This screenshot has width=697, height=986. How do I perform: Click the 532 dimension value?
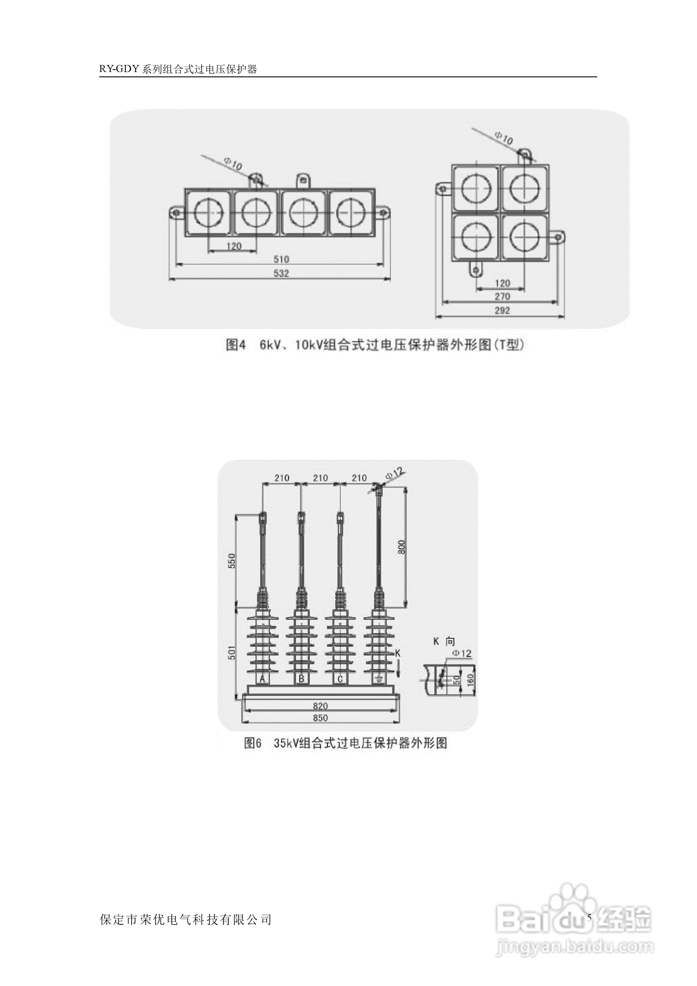[281, 273]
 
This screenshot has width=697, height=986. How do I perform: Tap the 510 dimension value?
[281, 259]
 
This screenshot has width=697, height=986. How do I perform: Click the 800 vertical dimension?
[402, 546]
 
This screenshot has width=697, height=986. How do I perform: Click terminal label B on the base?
[302, 679]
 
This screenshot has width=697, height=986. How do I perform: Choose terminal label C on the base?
[340, 679]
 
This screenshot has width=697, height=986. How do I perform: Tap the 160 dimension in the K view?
[470, 679]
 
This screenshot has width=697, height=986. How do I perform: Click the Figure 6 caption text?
[346, 743]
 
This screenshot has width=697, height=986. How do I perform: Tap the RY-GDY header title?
[178, 69]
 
